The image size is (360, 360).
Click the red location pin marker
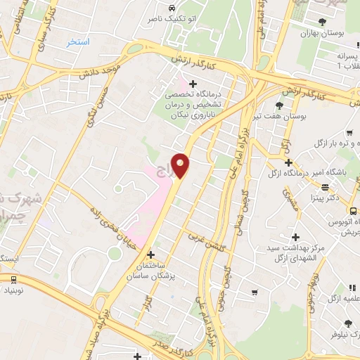[181, 165]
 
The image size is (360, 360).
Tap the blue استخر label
[78, 42]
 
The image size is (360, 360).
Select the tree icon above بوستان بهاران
[322, 22]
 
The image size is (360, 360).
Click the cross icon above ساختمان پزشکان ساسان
[150, 253]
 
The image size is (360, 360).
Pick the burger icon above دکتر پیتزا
[326, 188]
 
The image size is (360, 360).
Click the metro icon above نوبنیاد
[13, 279]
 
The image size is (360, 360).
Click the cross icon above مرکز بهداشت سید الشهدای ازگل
[295, 237]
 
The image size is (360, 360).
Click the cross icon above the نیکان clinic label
[193, 84]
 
